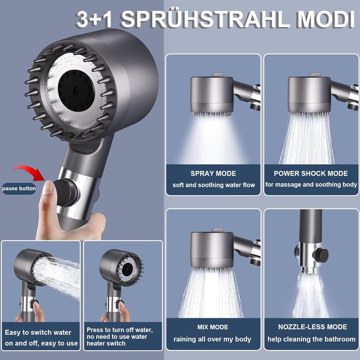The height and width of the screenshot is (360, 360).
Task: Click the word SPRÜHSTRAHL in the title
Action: coord(206,19)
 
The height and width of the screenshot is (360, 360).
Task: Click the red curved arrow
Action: coord(28,173)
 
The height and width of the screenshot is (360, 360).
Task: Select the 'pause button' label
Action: coord(19,189)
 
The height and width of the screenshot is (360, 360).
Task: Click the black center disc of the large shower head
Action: coord(76,91)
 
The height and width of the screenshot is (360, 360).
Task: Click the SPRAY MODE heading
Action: coord(213,173)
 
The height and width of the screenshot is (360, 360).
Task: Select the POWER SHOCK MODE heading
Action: coord(310,173)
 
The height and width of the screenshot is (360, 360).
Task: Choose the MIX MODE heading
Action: coord(212,327)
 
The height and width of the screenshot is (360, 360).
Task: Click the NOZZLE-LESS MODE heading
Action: coord(312,327)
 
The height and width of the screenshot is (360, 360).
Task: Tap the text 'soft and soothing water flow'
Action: coord(214,185)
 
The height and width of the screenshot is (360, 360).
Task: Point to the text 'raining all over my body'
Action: coord(212,339)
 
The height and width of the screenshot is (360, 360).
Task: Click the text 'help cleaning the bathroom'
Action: coord(311,339)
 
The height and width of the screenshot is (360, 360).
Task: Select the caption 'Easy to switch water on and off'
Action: coord(41,338)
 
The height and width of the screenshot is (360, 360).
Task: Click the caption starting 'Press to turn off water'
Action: coord(120,337)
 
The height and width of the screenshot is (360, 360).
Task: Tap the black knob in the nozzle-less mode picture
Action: coord(321,255)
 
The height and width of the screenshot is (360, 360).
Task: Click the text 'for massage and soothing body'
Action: coord(311,184)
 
